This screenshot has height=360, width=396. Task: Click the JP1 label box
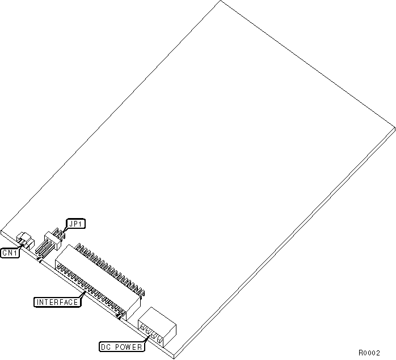point(75,224)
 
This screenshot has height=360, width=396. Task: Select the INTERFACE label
point(57,302)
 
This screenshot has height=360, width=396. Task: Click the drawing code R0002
point(369,352)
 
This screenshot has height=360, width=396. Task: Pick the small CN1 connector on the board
point(24,238)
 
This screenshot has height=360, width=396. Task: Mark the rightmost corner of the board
point(394,129)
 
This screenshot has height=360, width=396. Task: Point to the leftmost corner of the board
point(2,231)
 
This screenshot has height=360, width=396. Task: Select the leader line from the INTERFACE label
point(83,294)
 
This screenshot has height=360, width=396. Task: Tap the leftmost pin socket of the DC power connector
point(142,328)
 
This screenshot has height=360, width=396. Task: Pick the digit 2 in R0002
point(377,352)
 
